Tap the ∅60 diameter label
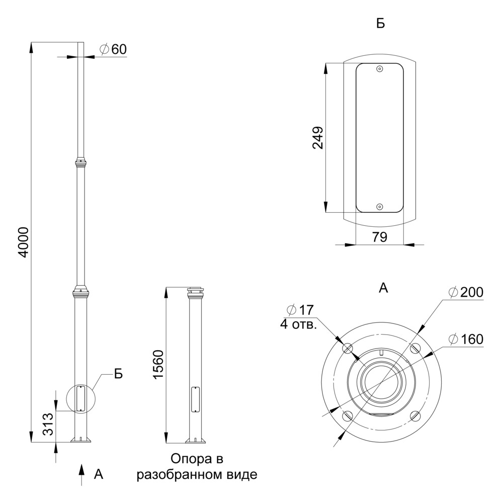(x=113, y=49)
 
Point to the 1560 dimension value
(x=158, y=365)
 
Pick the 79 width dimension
(x=380, y=237)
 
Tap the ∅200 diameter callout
(x=466, y=292)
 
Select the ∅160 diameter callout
(x=466, y=340)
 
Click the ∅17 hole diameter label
(x=299, y=310)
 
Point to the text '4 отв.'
(x=298, y=324)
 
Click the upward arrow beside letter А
(x=80, y=474)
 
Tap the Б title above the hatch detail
(x=380, y=24)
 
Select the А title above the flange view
(x=383, y=288)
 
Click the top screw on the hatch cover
(x=380, y=69)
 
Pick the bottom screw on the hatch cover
(x=380, y=207)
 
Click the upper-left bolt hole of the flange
(x=347, y=348)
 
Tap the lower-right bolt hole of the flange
(x=414, y=415)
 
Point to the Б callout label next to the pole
(x=118, y=374)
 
